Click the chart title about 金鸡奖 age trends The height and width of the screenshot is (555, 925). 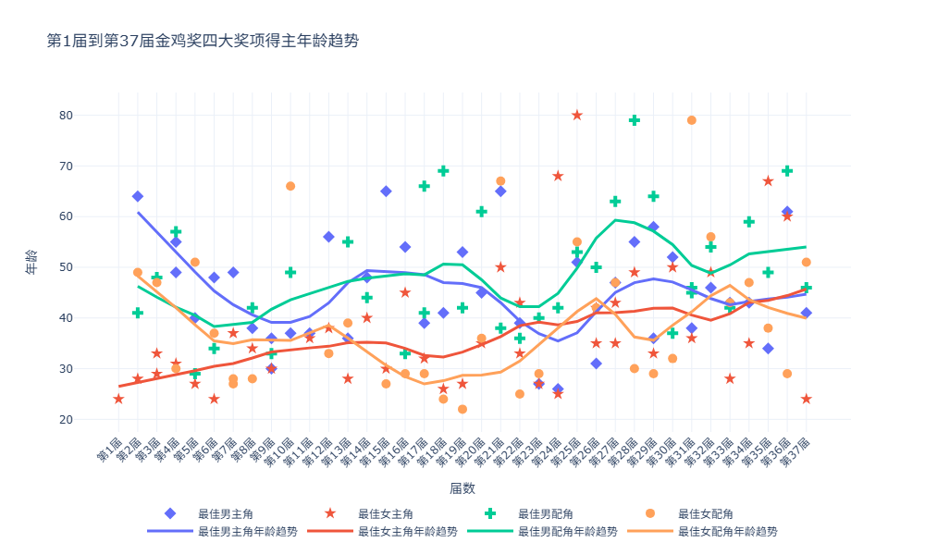point(203,40)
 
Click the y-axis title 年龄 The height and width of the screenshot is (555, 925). point(31,267)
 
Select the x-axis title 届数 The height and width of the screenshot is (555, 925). point(462,487)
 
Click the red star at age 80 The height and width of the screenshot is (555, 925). point(577,116)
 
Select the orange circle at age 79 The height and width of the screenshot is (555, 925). point(692,120)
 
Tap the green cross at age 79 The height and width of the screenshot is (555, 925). point(635,120)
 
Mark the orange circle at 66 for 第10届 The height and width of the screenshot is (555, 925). point(290,186)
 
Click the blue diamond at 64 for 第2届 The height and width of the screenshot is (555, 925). point(138,196)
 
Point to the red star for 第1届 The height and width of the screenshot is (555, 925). point(118,399)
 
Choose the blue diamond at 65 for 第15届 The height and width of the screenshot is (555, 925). point(386,191)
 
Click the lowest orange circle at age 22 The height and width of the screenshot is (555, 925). point(462,409)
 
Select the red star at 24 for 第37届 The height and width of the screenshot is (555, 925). point(807,399)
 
